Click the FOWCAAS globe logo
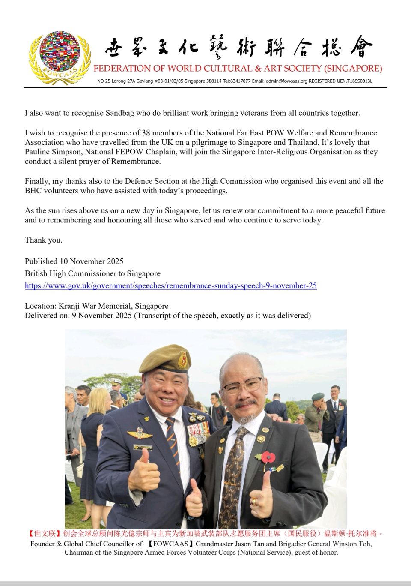click(60, 57)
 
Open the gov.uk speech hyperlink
click(170, 285)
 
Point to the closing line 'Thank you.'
click(44, 240)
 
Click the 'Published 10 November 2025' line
click(74, 261)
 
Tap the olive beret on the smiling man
click(165, 359)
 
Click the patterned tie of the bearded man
click(232, 472)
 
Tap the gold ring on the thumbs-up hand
click(255, 501)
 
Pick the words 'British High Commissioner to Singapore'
click(92, 273)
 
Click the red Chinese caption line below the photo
click(205, 534)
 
